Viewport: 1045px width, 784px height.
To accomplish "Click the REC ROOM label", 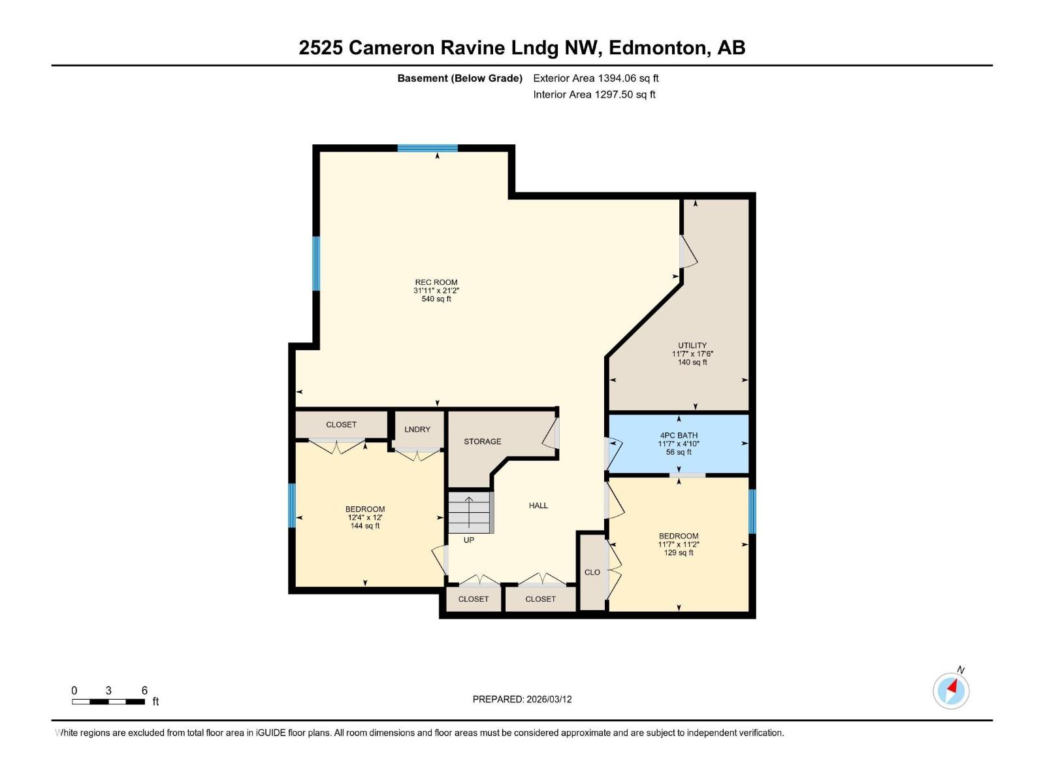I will tap(436, 282).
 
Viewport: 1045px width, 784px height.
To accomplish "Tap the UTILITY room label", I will tap(692, 346).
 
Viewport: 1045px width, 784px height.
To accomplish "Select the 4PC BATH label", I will tap(679, 435).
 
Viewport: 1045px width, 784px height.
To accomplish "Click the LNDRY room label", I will tap(417, 429).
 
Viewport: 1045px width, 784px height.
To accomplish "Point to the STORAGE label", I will tap(483, 442).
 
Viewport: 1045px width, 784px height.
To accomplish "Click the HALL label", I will tap(538, 506).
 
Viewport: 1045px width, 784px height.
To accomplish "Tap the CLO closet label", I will tap(592, 572).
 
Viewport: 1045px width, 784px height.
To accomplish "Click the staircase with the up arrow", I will tap(469, 512).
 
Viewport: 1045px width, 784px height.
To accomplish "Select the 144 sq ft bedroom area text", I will tap(365, 526).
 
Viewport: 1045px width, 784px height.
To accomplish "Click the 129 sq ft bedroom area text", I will tap(679, 553).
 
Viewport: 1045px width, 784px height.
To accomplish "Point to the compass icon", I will tap(951, 691).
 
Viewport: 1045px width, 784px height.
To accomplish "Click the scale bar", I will tap(108, 702).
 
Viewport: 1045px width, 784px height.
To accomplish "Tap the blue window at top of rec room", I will tap(428, 148).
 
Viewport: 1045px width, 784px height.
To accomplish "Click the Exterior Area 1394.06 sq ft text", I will tap(596, 78).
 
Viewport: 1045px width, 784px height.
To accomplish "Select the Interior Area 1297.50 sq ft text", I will tap(594, 95).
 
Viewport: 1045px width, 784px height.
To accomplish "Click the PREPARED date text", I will tap(522, 699).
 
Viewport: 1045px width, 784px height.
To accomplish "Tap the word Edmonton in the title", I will tap(658, 48).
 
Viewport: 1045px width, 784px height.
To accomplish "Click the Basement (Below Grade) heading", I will tap(460, 78).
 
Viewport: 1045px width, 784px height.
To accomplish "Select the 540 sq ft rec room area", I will tap(436, 299).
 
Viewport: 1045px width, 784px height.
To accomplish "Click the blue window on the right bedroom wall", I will tap(752, 511).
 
